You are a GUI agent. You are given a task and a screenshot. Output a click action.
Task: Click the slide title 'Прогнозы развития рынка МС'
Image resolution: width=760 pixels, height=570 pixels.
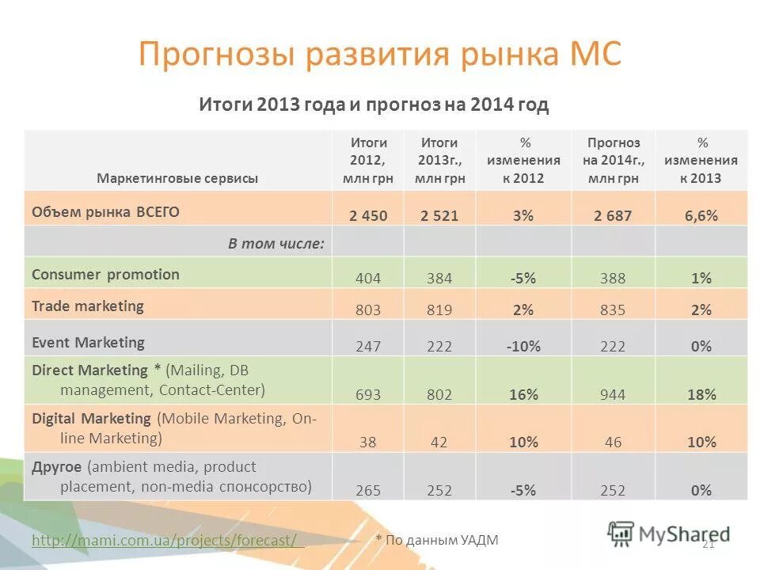pyautogui.click(x=380, y=55)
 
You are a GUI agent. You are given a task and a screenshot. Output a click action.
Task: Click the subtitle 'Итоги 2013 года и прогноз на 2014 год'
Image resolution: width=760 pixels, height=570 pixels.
pyautogui.click(x=373, y=105)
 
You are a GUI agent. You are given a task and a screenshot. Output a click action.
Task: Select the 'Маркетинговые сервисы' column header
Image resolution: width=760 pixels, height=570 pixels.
pyautogui.click(x=177, y=178)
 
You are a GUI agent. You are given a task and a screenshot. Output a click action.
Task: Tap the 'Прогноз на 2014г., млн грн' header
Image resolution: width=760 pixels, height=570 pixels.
pyautogui.click(x=614, y=161)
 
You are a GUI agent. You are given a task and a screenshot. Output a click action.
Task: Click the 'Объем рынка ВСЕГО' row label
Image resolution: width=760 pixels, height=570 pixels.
pyautogui.click(x=105, y=211)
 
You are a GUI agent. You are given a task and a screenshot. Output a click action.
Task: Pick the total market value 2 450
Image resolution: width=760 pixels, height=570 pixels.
pyautogui.click(x=368, y=215)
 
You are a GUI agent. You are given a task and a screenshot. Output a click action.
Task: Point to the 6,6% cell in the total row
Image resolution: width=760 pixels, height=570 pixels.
pyautogui.click(x=701, y=215)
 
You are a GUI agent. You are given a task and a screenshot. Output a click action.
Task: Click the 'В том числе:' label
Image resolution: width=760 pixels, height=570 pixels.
pyautogui.click(x=275, y=243)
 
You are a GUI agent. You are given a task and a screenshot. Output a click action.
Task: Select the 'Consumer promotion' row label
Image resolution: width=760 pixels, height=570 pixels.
pyautogui.click(x=105, y=275)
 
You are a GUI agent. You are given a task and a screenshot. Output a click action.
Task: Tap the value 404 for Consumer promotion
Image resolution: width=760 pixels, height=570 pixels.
pyautogui.click(x=368, y=279)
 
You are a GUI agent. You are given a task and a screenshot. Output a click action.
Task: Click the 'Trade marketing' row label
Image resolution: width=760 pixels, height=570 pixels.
pyautogui.click(x=88, y=306)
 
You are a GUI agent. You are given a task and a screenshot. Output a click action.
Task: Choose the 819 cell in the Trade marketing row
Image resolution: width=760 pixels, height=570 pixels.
pyautogui.click(x=439, y=310)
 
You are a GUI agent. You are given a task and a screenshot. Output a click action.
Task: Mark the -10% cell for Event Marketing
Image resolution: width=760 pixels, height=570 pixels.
pyautogui.click(x=522, y=346)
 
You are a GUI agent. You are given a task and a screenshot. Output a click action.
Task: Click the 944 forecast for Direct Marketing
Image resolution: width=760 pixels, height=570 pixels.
pyautogui.click(x=614, y=394)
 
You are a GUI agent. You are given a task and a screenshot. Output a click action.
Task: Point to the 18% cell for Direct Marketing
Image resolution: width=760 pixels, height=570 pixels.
pyautogui.click(x=701, y=394)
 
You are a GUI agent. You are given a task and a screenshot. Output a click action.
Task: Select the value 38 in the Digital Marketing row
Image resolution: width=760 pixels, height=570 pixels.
pyautogui.click(x=368, y=443)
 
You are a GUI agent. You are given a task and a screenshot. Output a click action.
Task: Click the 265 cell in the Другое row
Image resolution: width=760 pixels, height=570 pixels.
pyautogui.click(x=368, y=491)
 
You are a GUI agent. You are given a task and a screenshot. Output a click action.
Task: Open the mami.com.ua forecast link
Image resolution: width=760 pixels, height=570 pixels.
pyautogui.click(x=168, y=540)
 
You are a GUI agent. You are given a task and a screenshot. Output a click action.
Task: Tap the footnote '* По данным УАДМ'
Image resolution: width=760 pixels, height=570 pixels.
pyautogui.click(x=437, y=540)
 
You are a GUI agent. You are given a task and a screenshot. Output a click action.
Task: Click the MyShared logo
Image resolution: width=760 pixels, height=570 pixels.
pyautogui.click(x=669, y=532)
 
